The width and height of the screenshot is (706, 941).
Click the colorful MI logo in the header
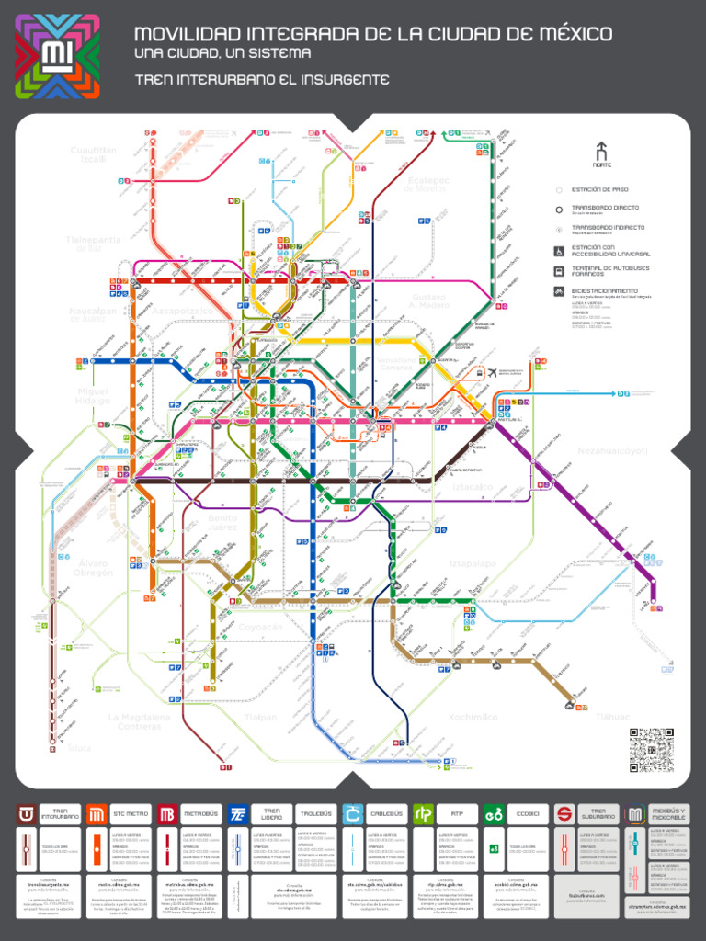(x=56, y=57)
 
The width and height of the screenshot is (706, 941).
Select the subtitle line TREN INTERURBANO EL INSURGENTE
(x=262, y=80)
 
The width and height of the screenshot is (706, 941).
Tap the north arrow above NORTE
(x=601, y=150)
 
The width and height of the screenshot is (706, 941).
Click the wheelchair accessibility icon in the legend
(x=558, y=251)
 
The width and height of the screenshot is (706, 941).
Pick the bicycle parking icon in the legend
(x=558, y=291)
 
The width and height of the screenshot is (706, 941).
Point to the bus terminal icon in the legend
(x=558, y=271)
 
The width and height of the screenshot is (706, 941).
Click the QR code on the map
(x=652, y=749)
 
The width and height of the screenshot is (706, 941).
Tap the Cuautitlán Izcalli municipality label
(x=93, y=154)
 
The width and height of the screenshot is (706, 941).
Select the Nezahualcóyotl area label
(x=612, y=451)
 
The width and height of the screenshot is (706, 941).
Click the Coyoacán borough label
(x=262, y=627)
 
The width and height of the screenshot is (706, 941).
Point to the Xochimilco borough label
(x=473, y=717)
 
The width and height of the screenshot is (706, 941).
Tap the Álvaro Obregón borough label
(x=92, y=567)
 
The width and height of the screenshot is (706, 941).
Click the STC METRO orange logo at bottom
(x=97, y=813)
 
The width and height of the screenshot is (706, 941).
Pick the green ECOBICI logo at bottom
(x=493, y=813)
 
